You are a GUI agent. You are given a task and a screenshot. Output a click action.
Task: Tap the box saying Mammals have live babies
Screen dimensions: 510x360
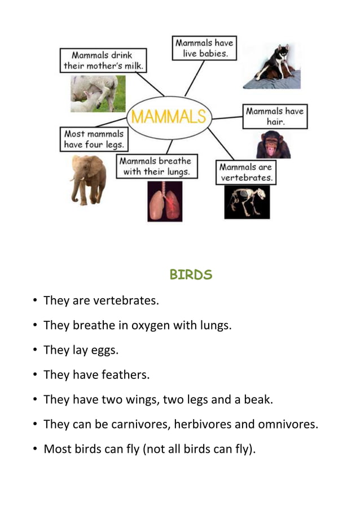[204, 48]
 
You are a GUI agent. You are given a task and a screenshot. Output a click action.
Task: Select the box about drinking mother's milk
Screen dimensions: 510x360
[104, 60]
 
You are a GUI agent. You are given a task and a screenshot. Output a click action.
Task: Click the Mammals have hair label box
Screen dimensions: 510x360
[275, 116]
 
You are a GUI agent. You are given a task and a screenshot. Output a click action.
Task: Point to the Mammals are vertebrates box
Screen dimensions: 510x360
[246, 172]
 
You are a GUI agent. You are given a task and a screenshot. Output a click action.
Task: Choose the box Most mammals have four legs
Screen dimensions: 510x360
[94, 140]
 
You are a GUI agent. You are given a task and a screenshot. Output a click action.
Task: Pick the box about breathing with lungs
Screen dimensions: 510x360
[157, 167]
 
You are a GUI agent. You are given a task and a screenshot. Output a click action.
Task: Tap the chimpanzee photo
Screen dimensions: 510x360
[273, 145]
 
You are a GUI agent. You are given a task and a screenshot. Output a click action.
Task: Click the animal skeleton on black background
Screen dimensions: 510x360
[247, 202]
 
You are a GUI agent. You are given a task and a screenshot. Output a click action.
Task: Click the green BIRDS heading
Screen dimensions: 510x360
[191, 275]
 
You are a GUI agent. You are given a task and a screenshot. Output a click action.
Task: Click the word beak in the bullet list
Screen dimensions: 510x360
[258, 400]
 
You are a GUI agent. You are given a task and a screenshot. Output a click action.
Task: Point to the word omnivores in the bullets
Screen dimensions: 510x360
[287, 425]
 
